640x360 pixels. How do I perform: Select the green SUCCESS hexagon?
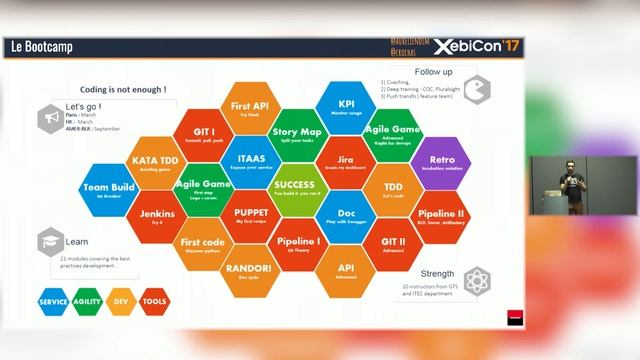click(x=295, y=188)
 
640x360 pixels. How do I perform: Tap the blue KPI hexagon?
click(x=346, y=106)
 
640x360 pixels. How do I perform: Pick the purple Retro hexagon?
click(x=440, y=163)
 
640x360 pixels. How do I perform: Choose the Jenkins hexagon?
click(x=156, y=216)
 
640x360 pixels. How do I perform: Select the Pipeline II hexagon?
click(x=440, y=216)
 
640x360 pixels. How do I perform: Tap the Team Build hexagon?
click(x=109, y=189)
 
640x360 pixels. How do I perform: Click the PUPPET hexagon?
click(x=250, y=216)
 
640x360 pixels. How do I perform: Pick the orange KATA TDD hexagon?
click(x=156, y=162)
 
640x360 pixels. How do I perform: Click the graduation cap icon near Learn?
click(x=48, y=243)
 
